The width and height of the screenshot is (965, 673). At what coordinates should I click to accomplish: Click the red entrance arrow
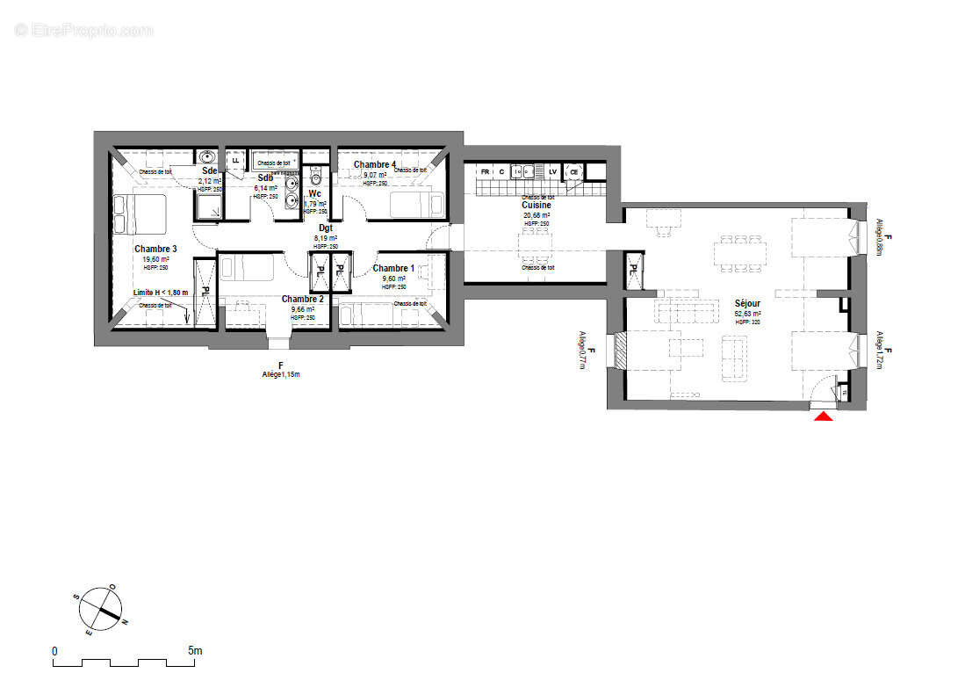point(823,416)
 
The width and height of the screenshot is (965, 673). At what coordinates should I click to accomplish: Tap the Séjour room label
point(747,303)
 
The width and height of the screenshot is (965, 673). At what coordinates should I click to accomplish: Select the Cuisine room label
point(537,206)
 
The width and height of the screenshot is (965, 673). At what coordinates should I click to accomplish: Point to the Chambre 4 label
point(375,164)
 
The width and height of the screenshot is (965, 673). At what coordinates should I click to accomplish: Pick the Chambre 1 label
point(394,268)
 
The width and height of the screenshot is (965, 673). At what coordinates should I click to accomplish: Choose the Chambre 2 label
point(303,299)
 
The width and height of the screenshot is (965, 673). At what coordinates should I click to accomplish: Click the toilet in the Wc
point(316,176)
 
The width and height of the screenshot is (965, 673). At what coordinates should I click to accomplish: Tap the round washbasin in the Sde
point(208,158)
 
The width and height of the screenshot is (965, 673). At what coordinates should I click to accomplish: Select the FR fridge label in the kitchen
point(485,171)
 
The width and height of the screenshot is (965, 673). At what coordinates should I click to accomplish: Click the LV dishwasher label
point(553,171)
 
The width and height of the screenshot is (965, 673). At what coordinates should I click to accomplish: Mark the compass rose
point(97,610)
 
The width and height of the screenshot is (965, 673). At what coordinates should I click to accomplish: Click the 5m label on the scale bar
point(195,651)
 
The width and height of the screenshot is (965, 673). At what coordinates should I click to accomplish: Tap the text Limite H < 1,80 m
point(161,292)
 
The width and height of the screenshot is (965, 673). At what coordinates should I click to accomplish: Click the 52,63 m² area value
point(747,314)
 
